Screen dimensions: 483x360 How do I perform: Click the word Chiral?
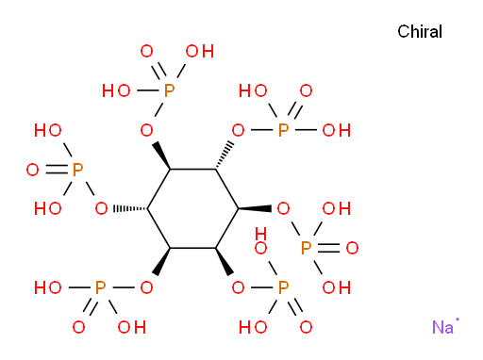[x=420, y=32]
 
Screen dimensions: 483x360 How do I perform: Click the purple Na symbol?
[x=442, y=327]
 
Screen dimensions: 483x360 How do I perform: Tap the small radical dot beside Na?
[x=458, y=319]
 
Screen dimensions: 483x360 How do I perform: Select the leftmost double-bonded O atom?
[x=32, y=170]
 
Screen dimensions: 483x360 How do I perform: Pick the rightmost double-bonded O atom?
[x=352, y=248]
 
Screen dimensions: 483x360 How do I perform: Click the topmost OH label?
[x=200, y=51]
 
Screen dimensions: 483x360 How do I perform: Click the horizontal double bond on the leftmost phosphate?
[x=57, y=170]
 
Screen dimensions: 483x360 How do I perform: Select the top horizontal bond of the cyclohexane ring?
[x=192, y=170]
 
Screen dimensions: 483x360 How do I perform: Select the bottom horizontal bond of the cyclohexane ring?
[x=192, y=248]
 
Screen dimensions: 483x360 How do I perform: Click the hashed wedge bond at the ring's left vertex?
[x=130, y=208]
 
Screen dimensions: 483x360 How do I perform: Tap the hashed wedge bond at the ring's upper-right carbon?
[x=225, y=155]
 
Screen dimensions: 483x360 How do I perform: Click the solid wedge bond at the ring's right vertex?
[x=255, y=208]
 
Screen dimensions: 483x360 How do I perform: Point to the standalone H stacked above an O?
[x=260, y=234]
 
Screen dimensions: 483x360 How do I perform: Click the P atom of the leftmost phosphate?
[x=77, y=170]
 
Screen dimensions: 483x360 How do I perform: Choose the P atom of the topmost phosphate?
[x=169, y=90]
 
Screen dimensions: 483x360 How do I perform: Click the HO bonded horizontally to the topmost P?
[x=116, y=90]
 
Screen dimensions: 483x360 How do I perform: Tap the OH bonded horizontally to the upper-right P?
[x=336, y=130]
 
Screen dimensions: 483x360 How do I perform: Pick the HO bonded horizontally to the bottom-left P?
[x=48, y=287]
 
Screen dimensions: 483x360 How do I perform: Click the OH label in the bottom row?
[x=132, y=327]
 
